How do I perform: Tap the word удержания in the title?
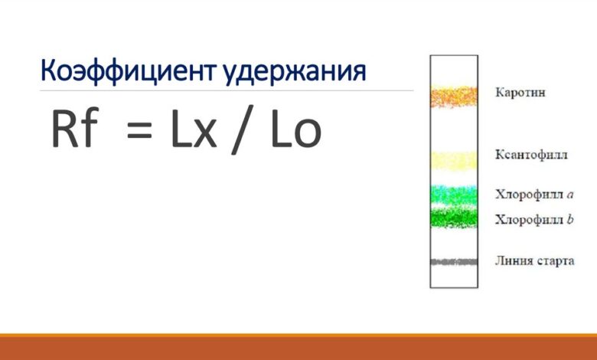pos(295,72)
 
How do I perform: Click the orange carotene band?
pos(453,96)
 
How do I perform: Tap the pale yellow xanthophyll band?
pos(453,159)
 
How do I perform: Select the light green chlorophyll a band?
pos(453,195)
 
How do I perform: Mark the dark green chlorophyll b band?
pos(453,219)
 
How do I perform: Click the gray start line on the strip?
pos(453,262)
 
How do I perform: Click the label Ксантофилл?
pos(531,155)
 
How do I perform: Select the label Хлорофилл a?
pos(533,195)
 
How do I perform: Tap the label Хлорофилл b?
pos(533,220)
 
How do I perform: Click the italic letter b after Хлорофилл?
pos(570,219)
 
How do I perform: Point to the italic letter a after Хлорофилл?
pos(570,195)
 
